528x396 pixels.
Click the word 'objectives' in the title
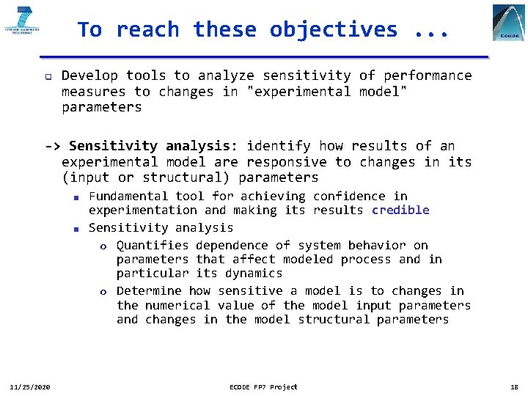click(x=333, y=30)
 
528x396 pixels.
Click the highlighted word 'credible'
click(x=400, y=210)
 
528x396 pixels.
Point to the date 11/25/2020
click(x=29, y=386)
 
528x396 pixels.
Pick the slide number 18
click(x=513, y=386)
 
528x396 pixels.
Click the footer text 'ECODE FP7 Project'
click(x=263, y=386)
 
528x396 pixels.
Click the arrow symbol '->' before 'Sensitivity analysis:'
click(x=54, y=146)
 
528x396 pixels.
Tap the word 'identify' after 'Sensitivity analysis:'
click(x=278, y=146)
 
